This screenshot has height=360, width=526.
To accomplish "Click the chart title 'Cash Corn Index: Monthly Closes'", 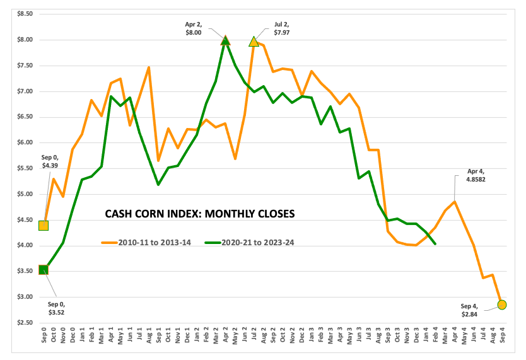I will (199, 214).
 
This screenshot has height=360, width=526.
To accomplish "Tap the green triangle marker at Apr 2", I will (226, 40).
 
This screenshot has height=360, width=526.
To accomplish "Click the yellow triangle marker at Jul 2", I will (254, 42).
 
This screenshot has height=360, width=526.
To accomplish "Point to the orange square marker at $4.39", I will (44, 225).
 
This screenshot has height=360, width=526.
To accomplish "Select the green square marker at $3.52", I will (44, 270).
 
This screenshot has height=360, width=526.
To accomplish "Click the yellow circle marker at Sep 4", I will (501, 305).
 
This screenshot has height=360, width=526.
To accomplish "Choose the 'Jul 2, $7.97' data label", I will (282, 28).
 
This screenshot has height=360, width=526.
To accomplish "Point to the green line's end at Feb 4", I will (435, 243).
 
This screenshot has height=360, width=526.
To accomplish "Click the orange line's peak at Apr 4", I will (454, 202).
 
